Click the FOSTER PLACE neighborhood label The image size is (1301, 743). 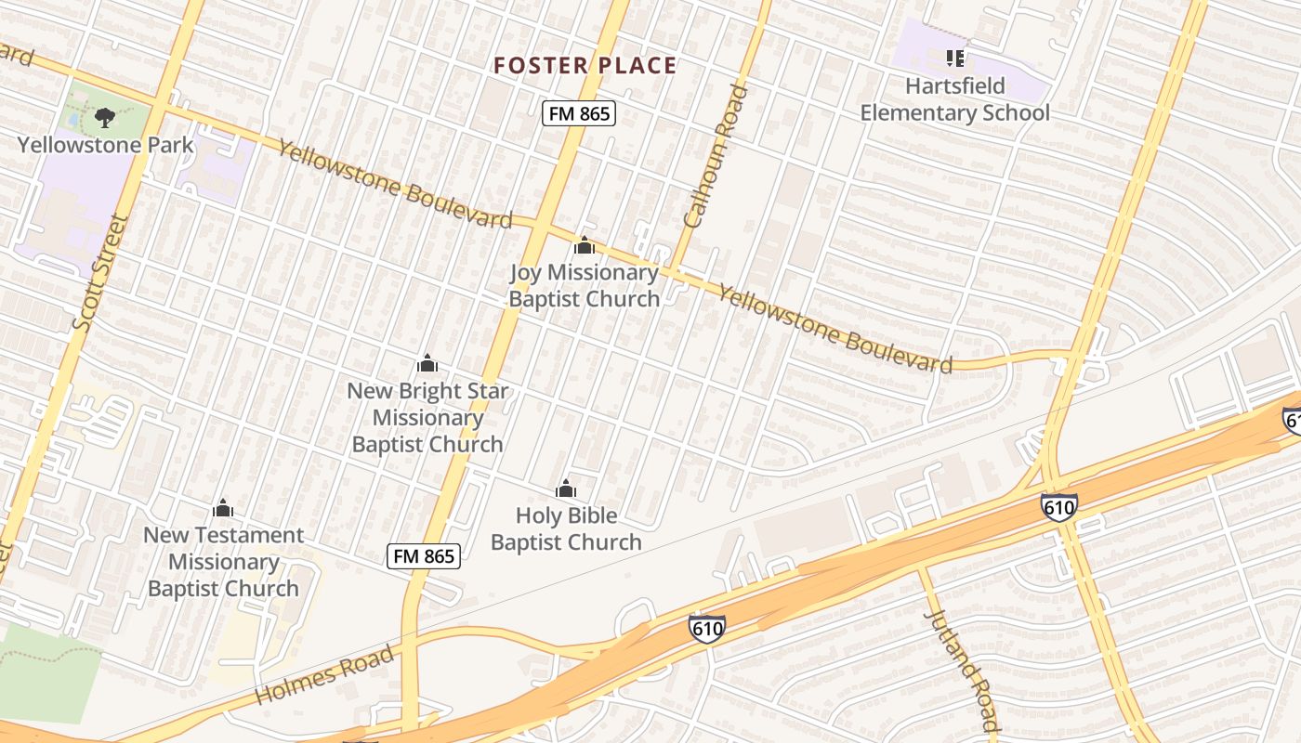pos(585,65)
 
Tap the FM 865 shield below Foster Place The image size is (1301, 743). pos(579,113)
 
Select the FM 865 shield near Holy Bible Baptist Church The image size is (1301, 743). pos(424,556)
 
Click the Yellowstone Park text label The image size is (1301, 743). pos(106,145)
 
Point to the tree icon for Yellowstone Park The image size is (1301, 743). pos(105,118)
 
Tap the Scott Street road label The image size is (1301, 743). pos(99,273)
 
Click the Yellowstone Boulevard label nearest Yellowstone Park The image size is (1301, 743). pos(395,185)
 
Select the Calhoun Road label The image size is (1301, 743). pos(715,156)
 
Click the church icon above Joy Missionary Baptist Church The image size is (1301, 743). pos(584,245)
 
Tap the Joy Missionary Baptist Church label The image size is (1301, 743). pos(584,285)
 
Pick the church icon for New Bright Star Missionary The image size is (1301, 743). pos(427,363)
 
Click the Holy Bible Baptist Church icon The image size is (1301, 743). pos(566,489)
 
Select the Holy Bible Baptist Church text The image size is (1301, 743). pos(566,528)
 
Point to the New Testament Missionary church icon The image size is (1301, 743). pos(223,508)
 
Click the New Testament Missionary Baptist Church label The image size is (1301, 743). pos(223,562)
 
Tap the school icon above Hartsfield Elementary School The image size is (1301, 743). pos(954,59)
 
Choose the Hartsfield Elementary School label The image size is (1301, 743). pos(954,99)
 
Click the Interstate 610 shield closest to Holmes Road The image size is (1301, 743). pos(706,629)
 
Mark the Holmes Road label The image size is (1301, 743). pos(324,674)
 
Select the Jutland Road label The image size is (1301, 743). pos(963,671)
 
